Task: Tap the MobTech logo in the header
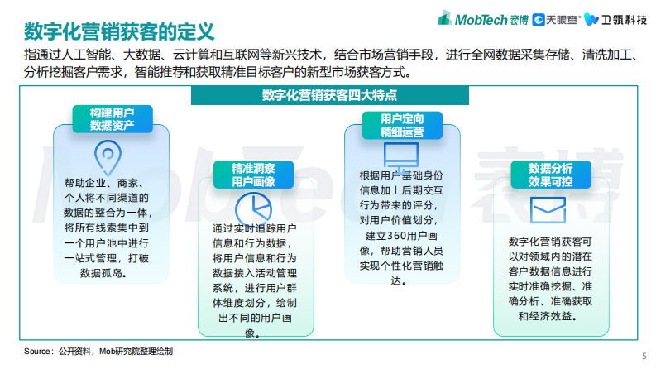pos(481,17)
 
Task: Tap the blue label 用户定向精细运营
pos(402,125)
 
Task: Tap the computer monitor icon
pos(402,156)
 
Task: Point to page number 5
pos(644,356)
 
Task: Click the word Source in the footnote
pos(38,352)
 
